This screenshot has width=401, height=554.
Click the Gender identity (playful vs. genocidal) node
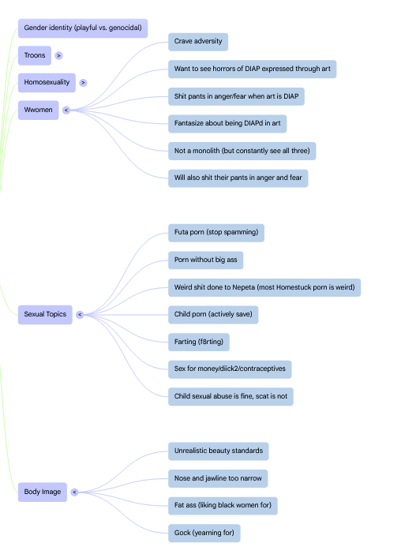click(83, 28)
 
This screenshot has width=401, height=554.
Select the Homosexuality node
click(47, 82)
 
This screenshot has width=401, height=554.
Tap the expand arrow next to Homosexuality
click(83, 83)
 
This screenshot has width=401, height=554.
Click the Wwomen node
click(38, 110)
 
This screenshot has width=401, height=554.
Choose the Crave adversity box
click(198, 42)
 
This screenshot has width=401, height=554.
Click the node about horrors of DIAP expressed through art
click(253, 69)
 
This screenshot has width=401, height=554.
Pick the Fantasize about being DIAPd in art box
click(227, 124)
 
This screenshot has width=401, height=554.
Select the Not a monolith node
click(242, 151)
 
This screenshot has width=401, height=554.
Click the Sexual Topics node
click(45, 314)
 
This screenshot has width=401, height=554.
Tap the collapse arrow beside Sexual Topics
click(80, 314)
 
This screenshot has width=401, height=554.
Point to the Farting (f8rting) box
click(199, 342)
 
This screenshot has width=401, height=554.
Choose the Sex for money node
click(230, 369)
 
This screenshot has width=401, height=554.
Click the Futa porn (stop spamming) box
click(215, 233)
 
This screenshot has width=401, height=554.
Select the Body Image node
click(43, 492)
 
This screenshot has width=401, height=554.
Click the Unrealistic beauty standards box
click(219, 451)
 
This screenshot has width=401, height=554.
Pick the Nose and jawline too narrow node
click(218, 478)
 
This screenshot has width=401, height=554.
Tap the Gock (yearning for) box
click(204, 533)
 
